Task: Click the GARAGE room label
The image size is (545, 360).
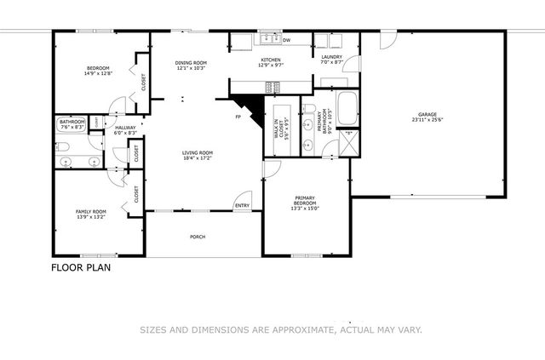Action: [x=427, y=114]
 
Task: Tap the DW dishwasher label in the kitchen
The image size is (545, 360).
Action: [x=286, y=40]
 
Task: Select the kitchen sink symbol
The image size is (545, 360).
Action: [x=268, y=37]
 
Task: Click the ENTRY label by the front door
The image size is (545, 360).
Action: [x=243, y=205]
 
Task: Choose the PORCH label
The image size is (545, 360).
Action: [x=198, y=237]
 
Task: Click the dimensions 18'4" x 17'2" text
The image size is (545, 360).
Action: [x=196, y=158]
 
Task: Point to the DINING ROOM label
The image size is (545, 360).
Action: [x=191, y=62]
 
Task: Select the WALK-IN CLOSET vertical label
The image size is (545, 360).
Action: [x=277, y=128]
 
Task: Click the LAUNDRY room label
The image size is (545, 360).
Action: [x=331, y=57]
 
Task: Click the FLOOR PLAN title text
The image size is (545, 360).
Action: [x=81, y=266]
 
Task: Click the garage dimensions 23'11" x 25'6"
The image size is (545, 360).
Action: [x=427, y=120]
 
